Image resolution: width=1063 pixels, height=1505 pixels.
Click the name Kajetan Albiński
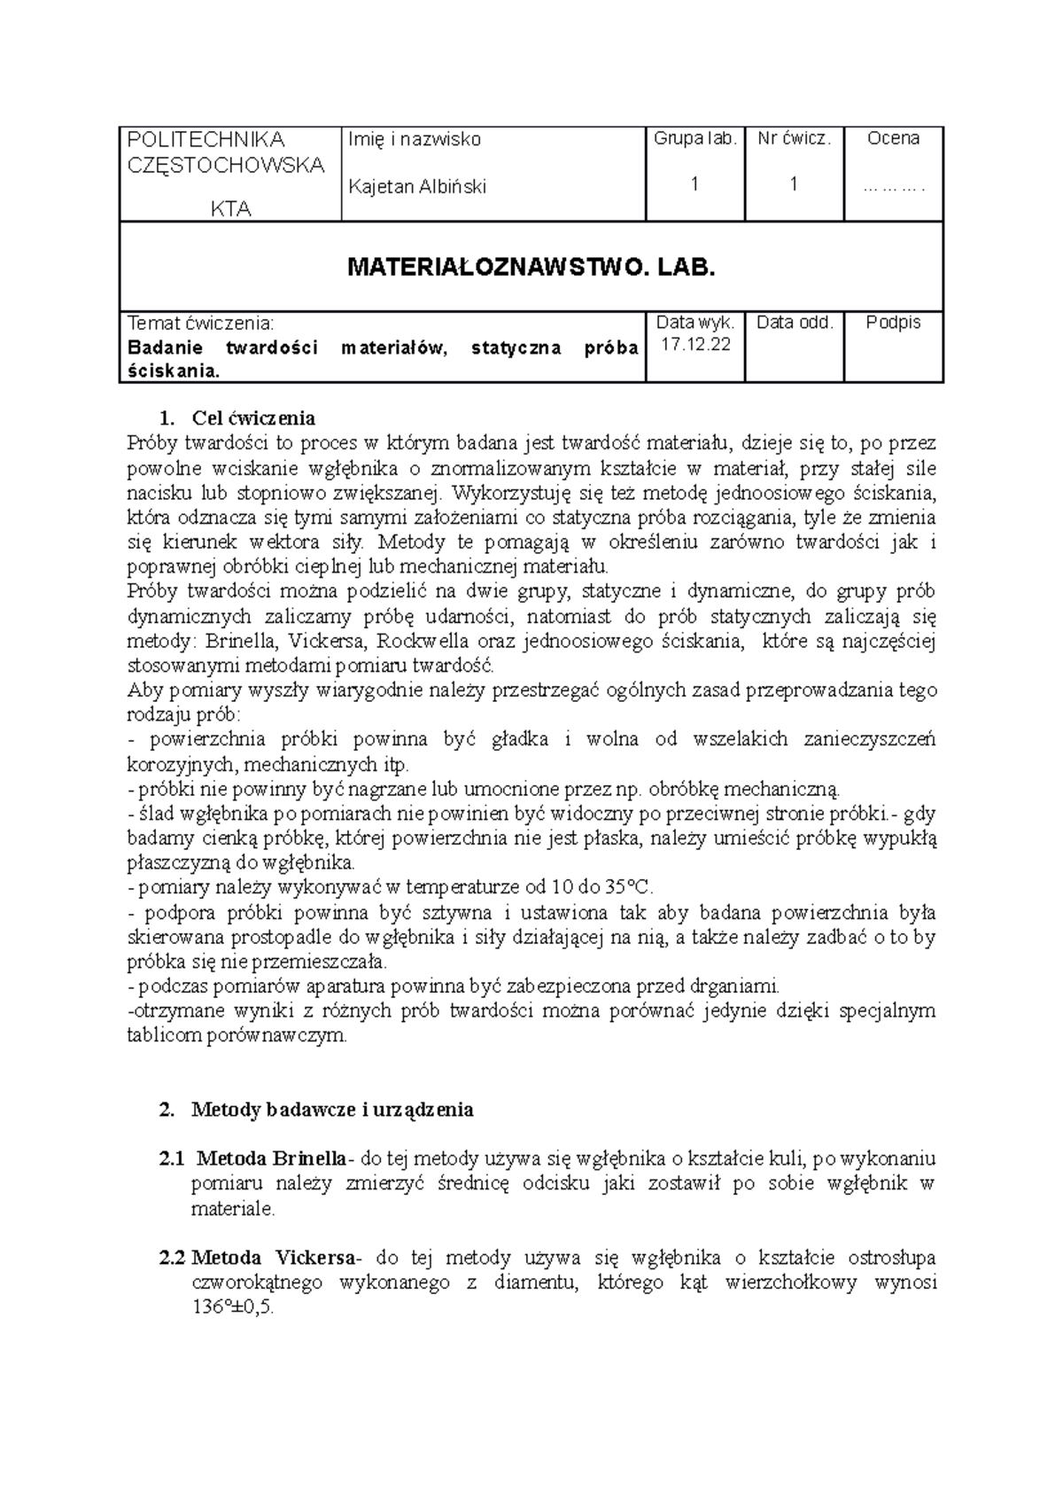point(417,187)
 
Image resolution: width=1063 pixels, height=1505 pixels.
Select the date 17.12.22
point(695,346)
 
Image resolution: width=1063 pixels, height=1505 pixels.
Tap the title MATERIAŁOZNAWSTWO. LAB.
point(531,267)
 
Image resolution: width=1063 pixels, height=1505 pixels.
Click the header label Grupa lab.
point(695,138)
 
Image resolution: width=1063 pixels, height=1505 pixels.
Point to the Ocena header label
point(893,138)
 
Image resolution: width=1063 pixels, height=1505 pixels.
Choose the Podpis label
point(893,323)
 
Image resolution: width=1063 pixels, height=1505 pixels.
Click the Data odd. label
point(795,323)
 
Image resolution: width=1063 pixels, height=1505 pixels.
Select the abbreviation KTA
point(230,209)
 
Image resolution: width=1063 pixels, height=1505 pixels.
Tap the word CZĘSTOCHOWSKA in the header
point(227,165)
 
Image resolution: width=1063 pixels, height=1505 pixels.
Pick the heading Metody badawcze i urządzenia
point(332,1109)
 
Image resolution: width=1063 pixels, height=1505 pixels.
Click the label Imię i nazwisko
point(415,139)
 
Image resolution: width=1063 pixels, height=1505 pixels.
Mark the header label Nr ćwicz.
point(795,138)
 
